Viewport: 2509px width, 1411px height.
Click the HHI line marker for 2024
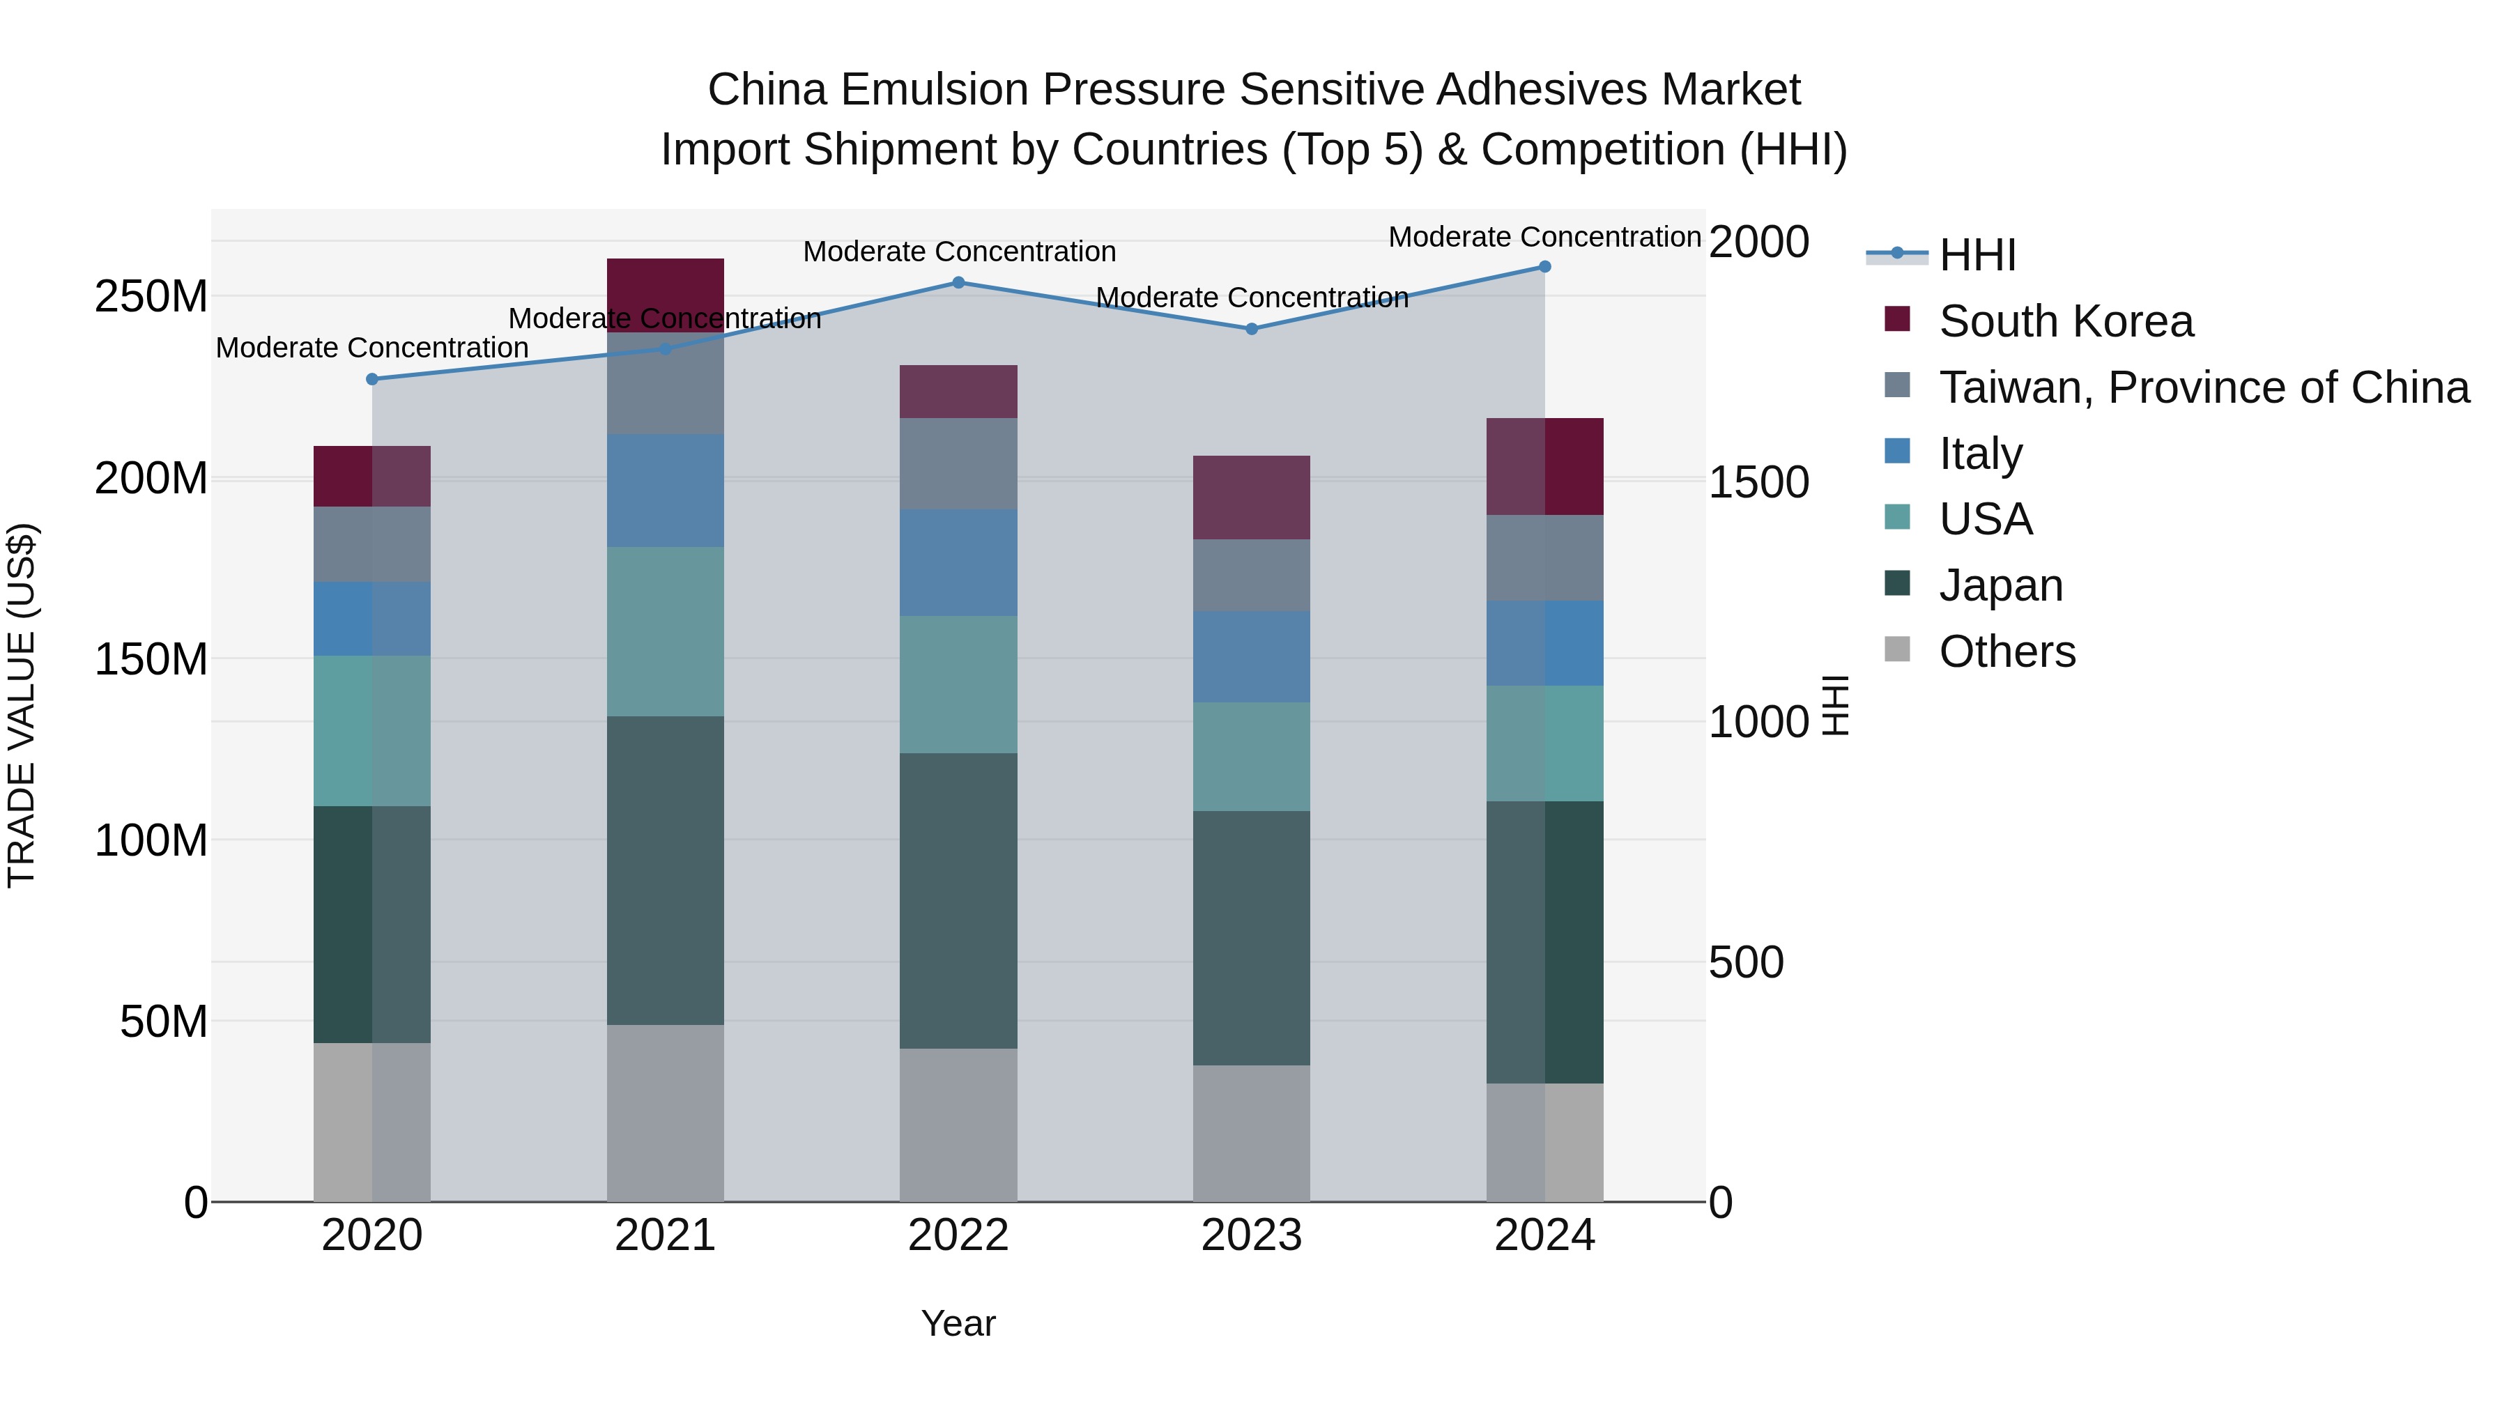pyautogui.click(x=1544, y=267)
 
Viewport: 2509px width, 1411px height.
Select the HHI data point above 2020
pyautogui.click(x=372, y=379)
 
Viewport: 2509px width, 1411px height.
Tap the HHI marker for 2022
pyautogui.click(x=958, y=282)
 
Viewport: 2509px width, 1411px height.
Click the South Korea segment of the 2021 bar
pyautogui.click(x=666, y=294)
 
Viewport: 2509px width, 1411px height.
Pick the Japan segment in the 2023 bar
pyautogui.click(x=1252, y=938)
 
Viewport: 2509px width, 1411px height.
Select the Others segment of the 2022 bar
pyautogui.click(x=958, y=1125)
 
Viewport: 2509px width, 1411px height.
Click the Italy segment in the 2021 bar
pyautogui.click(x=666, y=490)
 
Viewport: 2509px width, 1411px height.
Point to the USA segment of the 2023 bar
pyautogui.click(x=1252, y=757)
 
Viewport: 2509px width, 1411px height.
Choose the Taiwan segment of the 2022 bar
pyautogui.click(x=958, y=463)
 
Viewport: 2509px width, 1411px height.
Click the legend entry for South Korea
pyautogui.click(x=2065, y=321)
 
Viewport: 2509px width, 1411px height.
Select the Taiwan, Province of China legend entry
pyautogui.click(x=2203, y=387)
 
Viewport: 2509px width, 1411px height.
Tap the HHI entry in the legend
pyautogui.click(x=1977, y=255)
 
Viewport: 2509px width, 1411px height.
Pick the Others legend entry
pyautogui.click(x=2007, y=651)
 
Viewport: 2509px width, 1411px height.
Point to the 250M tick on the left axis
pyautogui.click(x=151, y=296)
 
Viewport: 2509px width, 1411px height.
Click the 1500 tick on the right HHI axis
pyautogui.click(x=1758, y=482)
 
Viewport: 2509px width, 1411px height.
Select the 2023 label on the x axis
pyautogui.click(x=1252, y=1235)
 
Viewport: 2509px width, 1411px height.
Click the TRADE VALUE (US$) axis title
pyautogui.click(x=22, y=705)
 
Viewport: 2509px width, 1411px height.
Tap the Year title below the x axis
pyautogui.click(x=958, y=1323)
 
